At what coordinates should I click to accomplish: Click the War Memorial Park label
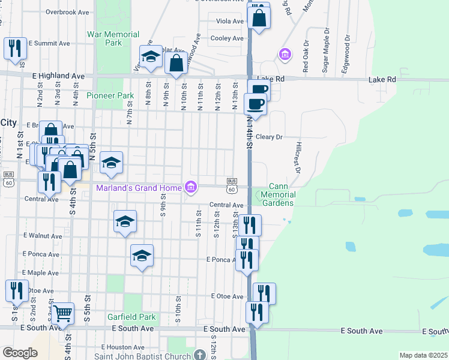click(x=113, y=38)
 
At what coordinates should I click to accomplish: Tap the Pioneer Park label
click(x=110, y=95)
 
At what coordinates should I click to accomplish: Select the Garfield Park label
click(x=131, y=317)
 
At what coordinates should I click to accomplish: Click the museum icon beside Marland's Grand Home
click(x=191, y=188)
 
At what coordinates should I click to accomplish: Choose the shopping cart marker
click(x=62, y=313)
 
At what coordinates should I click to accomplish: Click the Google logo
click(x=19, y=353)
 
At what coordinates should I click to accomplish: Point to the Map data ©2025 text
click(x=423, y=355)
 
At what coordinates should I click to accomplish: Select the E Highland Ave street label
click(x=58, y=76)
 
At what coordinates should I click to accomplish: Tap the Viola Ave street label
click(x=231, y=21)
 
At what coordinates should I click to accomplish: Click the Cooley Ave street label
click(x=227, y=38)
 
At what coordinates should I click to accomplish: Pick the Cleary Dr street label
click(x=269, y=137)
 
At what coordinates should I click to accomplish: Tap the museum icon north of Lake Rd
click(x=285, y=55)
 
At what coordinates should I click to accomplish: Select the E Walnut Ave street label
click(x=42, y=236)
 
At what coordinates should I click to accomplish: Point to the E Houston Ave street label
click(x=122, y=347)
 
